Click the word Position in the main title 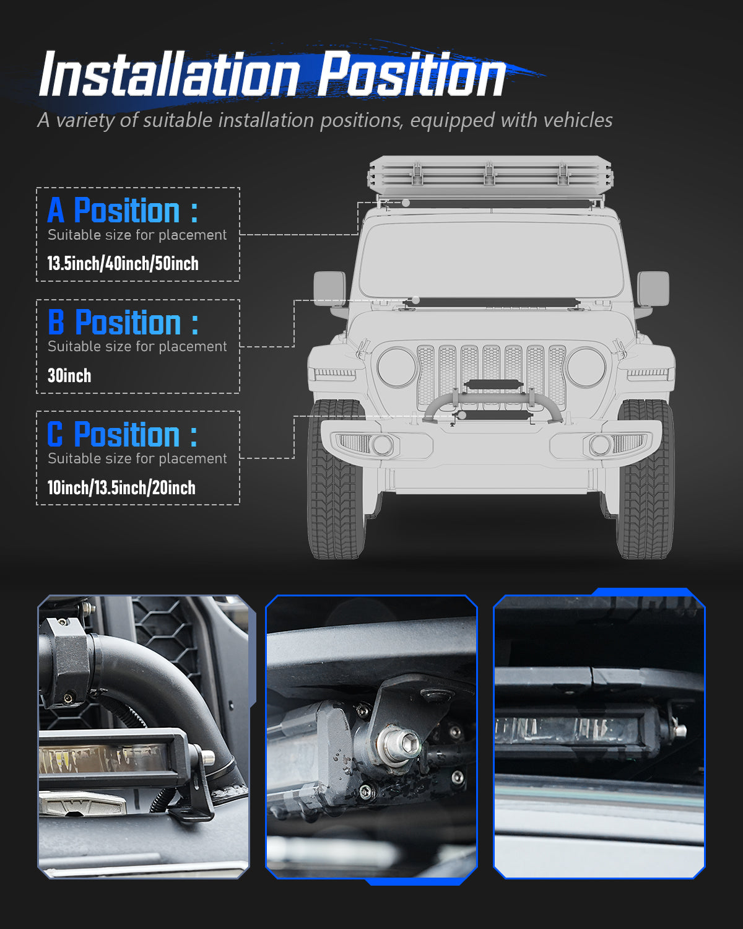[412, 76]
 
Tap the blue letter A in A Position [56, 211]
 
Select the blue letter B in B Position [56, 323]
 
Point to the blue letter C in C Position [55, 434]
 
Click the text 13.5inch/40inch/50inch [123, 263]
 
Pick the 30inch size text [69, 375]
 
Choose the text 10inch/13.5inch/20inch [121, 487]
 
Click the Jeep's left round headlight [396, 367]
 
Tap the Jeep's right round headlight [586, 367]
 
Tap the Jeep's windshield [491, 260]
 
